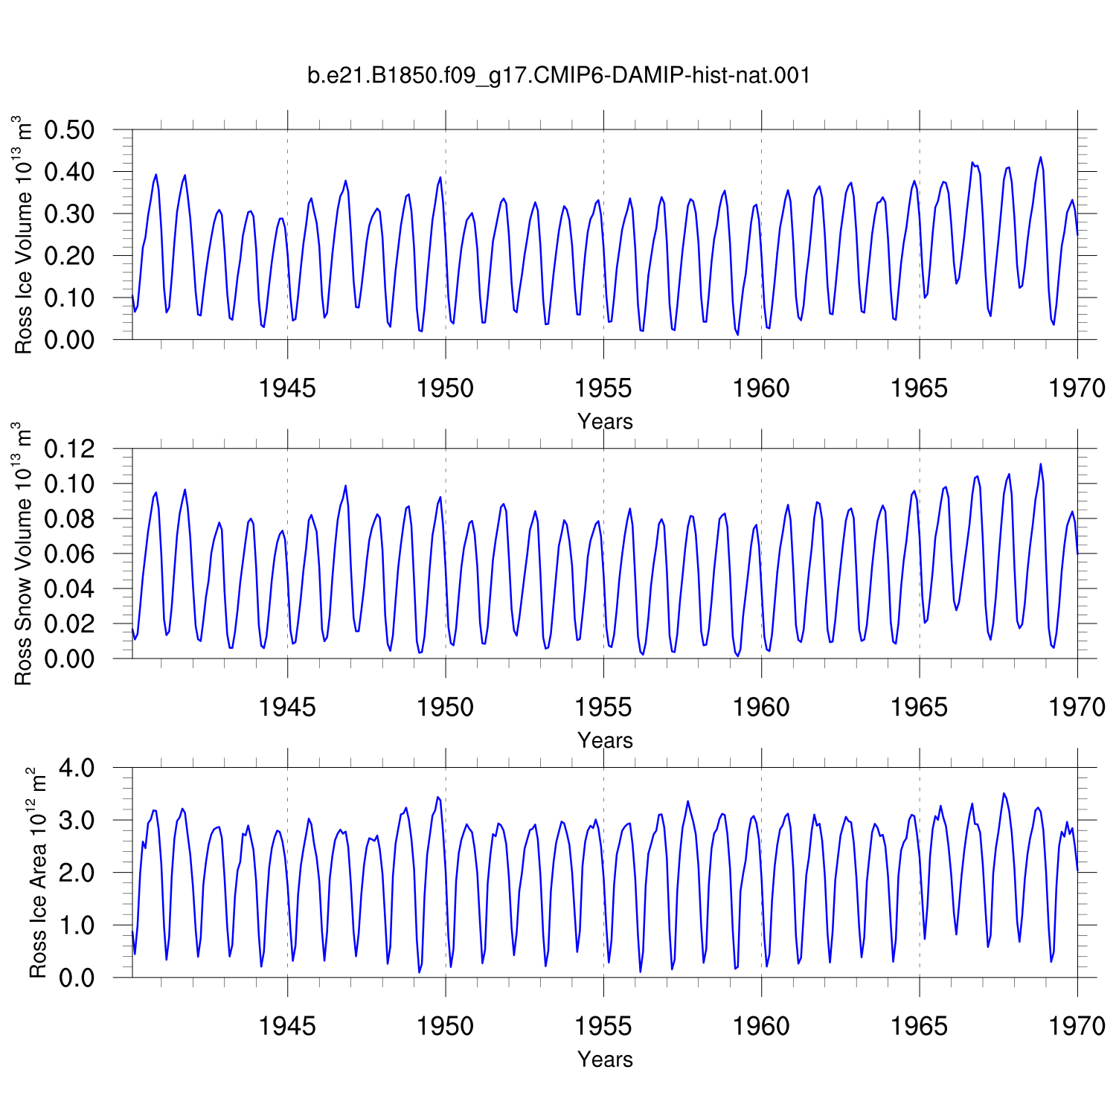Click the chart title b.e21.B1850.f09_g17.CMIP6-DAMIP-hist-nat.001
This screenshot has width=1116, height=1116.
point(559,75)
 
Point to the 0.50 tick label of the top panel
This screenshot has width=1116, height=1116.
point(70,130)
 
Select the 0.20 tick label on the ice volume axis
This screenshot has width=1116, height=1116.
point(70,256)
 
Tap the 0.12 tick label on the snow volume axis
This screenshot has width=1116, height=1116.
point(70,449)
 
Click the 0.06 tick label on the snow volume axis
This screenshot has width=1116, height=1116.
point(70,554)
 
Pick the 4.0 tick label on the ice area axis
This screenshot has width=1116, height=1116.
point(77,768)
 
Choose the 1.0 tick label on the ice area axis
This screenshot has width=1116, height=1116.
point(77,926)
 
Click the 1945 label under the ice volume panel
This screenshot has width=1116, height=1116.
point(287,388)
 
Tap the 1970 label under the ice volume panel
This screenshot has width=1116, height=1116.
point(1077,388)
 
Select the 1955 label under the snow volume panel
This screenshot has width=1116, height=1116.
point(603,708)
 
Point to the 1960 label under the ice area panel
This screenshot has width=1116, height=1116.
point(761,1027)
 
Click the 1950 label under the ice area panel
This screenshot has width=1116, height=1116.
point(445,1027)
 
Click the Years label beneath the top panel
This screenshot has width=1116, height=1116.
point(605,422)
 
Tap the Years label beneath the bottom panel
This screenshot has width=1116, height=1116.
point(605,1059)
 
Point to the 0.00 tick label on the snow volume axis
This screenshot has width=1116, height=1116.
point(70,658)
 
